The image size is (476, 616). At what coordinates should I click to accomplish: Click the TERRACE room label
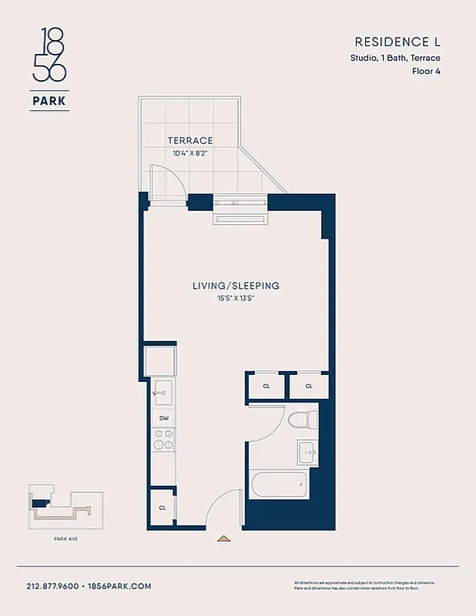189,140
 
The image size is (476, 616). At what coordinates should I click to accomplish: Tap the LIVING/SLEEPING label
236,286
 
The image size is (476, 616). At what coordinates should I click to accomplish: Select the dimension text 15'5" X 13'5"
236,298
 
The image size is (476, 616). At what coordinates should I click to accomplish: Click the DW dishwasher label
163,418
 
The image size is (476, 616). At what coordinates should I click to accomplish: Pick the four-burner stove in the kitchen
163,440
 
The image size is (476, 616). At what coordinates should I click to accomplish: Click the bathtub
279,486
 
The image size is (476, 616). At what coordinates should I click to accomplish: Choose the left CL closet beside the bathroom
266,386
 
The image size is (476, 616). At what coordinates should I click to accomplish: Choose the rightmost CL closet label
309,386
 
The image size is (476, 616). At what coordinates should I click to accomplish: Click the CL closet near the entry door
163,507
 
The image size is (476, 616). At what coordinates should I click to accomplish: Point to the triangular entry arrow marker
223,539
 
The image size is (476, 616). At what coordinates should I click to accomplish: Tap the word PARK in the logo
49,100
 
